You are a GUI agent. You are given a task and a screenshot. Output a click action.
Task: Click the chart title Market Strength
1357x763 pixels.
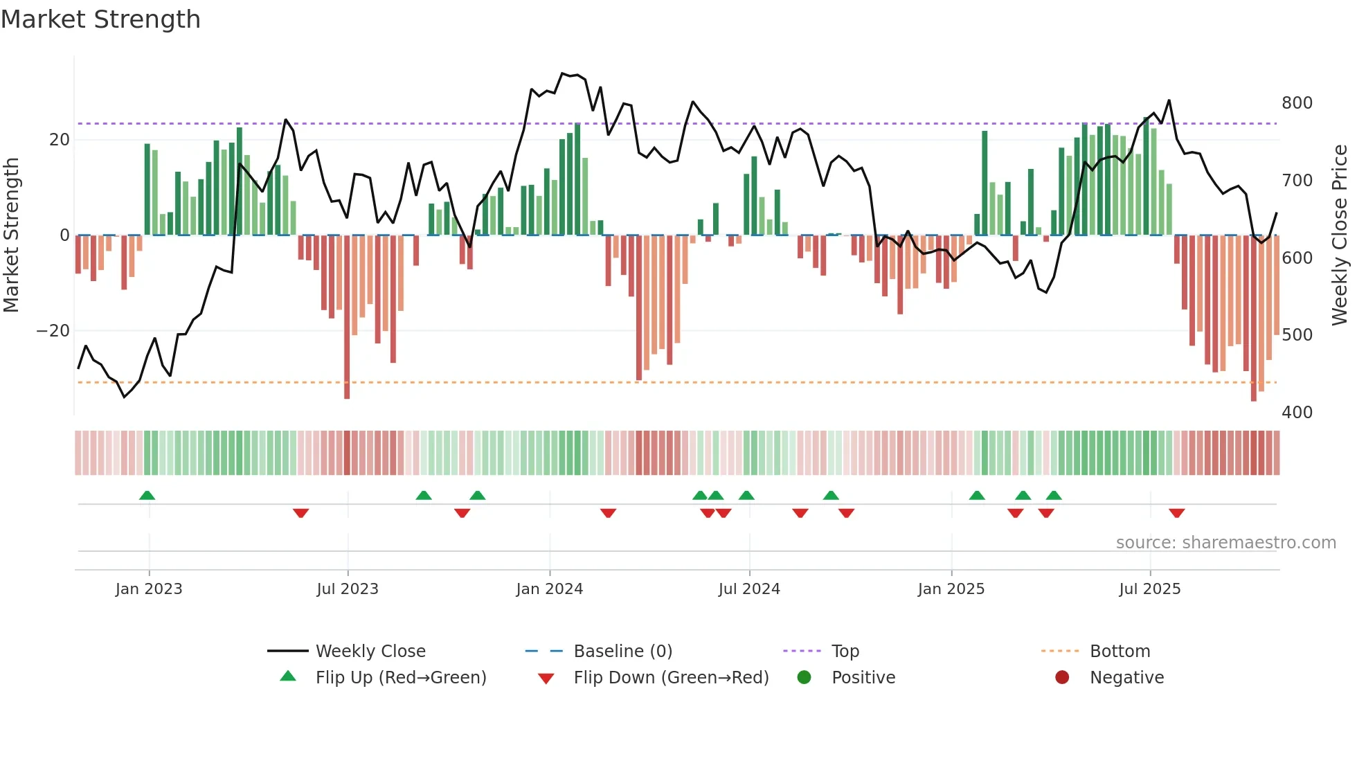100,19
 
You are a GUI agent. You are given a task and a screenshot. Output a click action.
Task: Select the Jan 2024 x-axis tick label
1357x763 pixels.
549,589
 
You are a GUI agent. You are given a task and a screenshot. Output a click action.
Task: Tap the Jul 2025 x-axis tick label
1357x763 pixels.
1149,589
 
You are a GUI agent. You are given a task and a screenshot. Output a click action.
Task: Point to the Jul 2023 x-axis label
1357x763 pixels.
347,589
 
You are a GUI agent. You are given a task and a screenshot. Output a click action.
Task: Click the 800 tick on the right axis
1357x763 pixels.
1297,103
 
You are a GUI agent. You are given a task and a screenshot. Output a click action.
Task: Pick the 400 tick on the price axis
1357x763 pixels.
1297,413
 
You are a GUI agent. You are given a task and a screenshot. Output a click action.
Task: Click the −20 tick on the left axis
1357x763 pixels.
53,331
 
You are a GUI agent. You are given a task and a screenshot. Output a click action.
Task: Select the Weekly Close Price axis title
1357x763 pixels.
1340,235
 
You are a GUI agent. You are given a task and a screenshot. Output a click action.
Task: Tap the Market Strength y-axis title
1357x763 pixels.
12,235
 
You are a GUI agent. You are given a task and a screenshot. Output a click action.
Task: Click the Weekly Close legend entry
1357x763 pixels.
370,652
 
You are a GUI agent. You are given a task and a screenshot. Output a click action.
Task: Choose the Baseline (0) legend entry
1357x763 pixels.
622,652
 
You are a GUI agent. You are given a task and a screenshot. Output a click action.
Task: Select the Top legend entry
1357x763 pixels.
845,652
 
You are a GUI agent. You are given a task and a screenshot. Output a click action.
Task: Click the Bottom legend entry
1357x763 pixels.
1120,652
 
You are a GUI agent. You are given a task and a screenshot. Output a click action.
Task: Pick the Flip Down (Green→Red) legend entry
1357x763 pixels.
670,678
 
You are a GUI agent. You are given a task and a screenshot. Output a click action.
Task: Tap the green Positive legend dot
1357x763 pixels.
804,678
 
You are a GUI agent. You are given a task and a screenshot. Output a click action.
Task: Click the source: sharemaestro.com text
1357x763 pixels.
1225,543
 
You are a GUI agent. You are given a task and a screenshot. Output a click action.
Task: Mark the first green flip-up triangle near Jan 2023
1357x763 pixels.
147,495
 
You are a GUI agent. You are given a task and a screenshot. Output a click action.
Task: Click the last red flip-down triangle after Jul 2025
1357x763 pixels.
1176,513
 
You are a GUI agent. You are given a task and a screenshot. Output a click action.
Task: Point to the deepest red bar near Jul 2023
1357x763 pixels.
347,318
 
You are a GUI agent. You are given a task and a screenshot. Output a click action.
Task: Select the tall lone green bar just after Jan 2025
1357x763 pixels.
985,183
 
